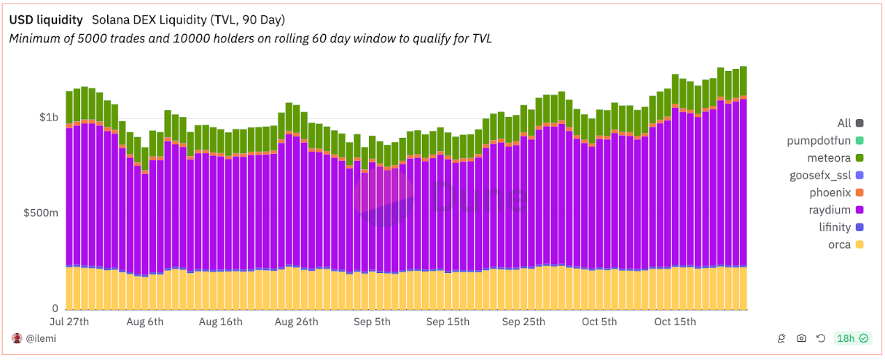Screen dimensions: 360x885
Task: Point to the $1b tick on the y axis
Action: pos(49,117)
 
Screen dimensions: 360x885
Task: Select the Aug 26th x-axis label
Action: pos(297,322)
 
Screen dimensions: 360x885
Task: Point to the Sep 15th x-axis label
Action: pos(448,322)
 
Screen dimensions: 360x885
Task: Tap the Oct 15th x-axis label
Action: pos(675,322)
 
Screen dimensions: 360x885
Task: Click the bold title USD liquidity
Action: pos(46,20)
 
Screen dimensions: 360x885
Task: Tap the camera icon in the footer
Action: pos(801,338)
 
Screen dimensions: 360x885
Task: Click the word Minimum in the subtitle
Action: pos(34,39)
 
